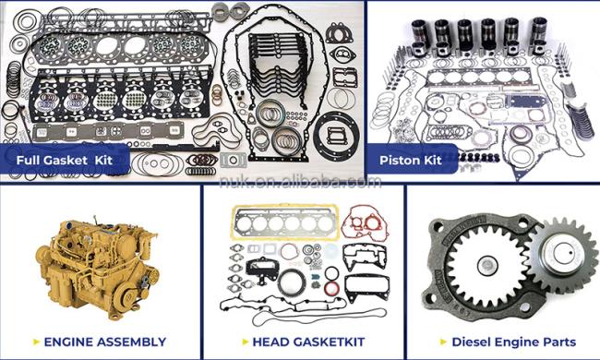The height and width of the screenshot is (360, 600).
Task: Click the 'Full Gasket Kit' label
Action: [x=65, y=160]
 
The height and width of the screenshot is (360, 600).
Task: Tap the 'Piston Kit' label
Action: [x=411, y=160]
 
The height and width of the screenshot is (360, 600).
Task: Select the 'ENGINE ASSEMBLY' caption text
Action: [x=105, y=342]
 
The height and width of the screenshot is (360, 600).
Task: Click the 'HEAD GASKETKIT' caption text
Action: [x=309, y=342]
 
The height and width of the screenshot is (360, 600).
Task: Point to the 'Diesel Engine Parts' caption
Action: [x=514, y=342]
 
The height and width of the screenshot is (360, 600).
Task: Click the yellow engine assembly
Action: [x=96, y=267]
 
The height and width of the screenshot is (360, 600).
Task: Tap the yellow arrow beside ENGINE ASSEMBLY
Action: [x=37, y=342]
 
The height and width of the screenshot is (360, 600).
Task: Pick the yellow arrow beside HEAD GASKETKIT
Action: [x=246, y=342]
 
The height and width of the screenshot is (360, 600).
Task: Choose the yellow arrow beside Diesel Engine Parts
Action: [x=444, y=342]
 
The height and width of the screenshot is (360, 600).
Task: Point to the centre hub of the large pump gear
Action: [x=488, y=265]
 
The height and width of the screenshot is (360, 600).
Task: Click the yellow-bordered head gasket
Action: [x=285, y=222]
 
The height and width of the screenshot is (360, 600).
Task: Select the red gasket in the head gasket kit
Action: [x=364, y=223]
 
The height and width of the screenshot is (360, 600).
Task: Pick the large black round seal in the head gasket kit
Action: [x=292, y=282]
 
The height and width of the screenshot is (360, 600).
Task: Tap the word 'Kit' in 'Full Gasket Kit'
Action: [x=103, y=160]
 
